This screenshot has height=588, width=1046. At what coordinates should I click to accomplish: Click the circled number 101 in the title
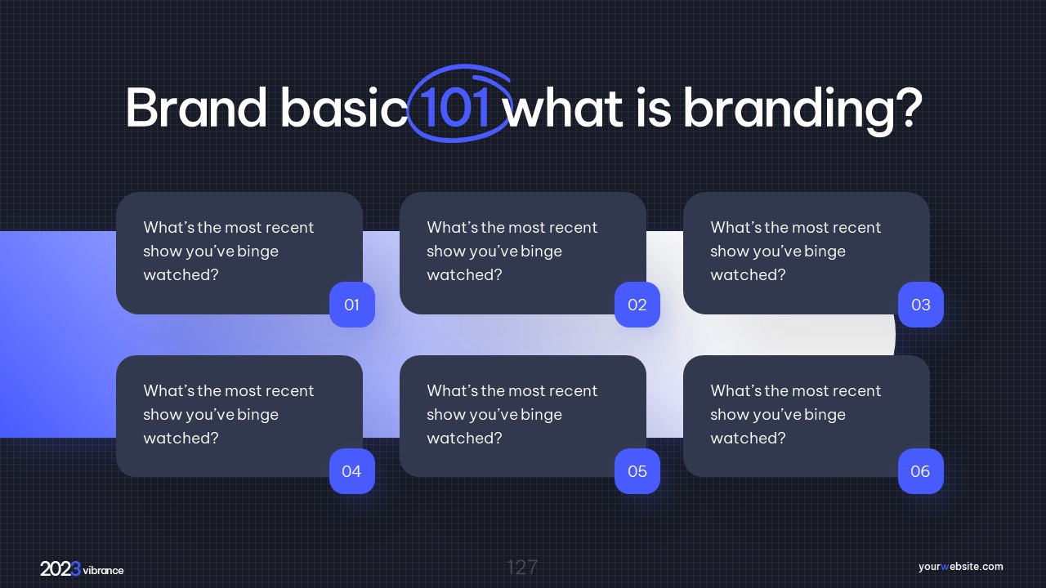pos(454,107)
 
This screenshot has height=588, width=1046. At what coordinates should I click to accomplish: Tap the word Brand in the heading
pos(195,107)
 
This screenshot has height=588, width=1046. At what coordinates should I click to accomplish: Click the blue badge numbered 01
pos(352,305)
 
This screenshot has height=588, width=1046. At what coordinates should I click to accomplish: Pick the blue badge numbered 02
pos(637,305)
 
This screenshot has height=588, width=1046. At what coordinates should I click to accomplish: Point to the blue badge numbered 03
pos(921,305)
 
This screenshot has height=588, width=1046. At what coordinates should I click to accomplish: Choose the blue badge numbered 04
pos(352,471)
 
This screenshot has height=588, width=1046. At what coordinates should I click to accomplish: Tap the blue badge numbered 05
pos(637,471)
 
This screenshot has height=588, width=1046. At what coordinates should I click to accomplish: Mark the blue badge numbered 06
pos(921,471)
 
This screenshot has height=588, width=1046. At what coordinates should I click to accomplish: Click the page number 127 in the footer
pos(522,568)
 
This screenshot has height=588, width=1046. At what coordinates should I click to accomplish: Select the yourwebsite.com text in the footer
pos(960,567)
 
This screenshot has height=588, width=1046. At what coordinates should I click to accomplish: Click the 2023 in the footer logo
pos(60,569)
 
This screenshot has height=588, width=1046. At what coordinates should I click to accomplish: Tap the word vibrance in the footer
pos(103,570)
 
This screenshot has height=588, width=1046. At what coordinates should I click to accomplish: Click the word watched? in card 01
pos(181,275)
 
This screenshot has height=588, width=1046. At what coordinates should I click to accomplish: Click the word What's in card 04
pos(168,390)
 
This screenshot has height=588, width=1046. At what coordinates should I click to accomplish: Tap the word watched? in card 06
pos(748,439)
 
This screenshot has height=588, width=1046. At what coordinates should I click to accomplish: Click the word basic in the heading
pos(344,107)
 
